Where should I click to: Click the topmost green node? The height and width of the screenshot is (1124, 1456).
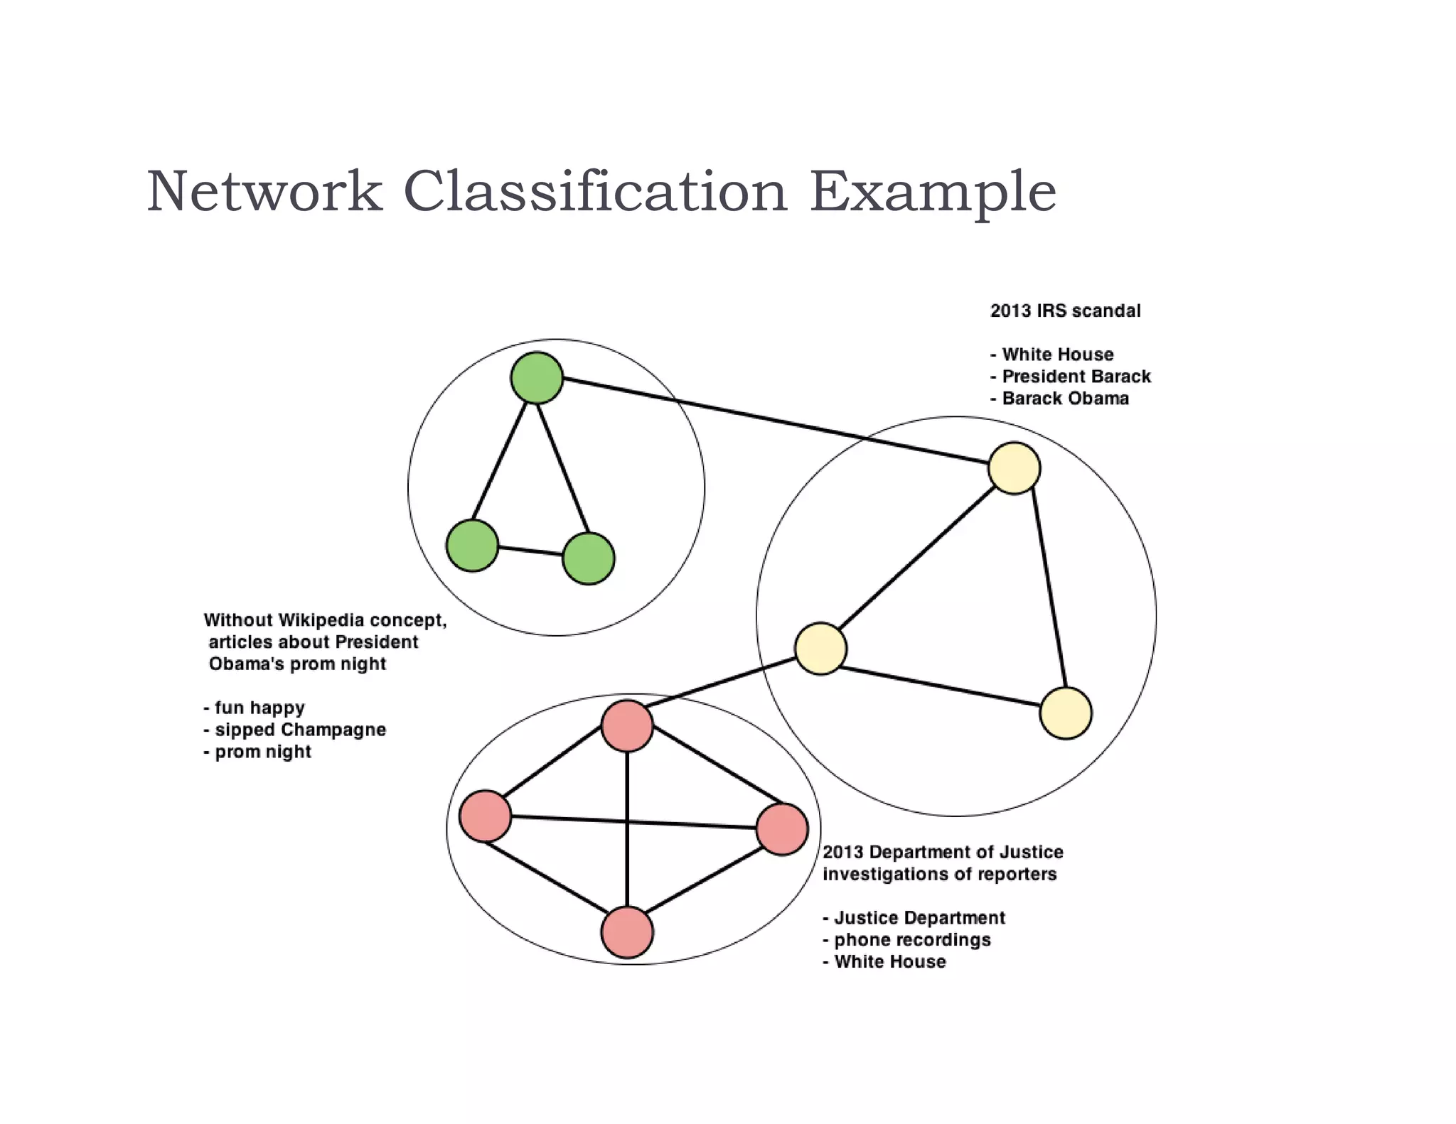pyautogui.click(x=537, y=378)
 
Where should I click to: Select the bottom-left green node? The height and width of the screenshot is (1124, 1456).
pyautogui.click(x=472, y=545)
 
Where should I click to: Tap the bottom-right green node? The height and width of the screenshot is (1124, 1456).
pyautogui.click(x=588, y=558)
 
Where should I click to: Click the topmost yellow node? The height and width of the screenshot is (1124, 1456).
pyautogui.click(x=1014, y=468)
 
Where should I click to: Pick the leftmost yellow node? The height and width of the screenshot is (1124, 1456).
pyautogui.click(x=820, y=648)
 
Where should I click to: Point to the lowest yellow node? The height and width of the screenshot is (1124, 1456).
pyautogui.click(x=1065, y=713)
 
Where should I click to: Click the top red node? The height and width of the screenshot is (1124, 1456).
pyautogui.click(x=627, y=725)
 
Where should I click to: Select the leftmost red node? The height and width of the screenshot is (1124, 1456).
pyautogui.click(x=485, y=816)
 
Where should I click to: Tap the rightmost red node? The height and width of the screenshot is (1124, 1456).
pyautogui.click(x=782, y=829)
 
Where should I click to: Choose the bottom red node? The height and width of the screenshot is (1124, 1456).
pyautogui.click(x=627, y=932)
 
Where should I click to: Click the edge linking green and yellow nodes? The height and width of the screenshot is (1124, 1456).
pyautogui.click(x=775, y=422)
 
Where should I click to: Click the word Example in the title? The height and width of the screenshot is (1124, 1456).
pyautogui.click(x=932, y=192)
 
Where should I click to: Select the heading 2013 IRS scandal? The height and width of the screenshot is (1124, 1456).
pyautogui.click(x=1065, y=310)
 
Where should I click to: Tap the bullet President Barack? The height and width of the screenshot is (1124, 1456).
pyautogui.click(x=1075, y=377)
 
